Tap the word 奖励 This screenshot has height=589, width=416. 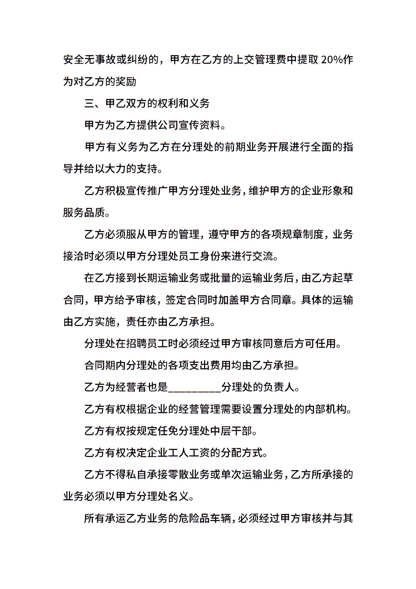tap(126, 82)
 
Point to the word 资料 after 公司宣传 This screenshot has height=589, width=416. tap(210, 125)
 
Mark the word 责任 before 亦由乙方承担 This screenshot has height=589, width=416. tap(136, 322)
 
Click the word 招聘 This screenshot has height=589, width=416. tap(136, 344)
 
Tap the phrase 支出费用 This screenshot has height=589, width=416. tap(210, 365)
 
